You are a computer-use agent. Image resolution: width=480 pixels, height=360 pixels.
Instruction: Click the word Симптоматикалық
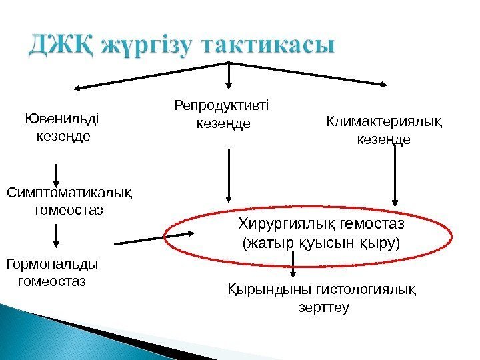[x=69, y=193]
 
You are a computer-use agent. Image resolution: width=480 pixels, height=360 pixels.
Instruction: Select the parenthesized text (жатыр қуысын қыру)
[x=321, y=242]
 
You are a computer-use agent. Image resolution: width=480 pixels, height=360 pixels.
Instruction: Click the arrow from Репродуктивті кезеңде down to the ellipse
[x=229, y=175]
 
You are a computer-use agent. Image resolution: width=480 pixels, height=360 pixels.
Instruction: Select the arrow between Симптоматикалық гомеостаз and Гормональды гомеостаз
[x=57, y=235]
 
